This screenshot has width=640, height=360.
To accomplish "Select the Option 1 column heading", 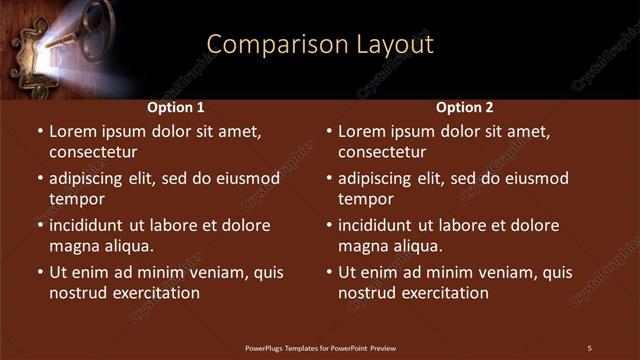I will (176, 107).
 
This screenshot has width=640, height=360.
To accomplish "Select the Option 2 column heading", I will (465, 107).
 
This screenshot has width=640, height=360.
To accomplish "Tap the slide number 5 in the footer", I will (589, 348).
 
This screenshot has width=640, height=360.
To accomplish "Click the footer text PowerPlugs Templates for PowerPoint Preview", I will (320, 348).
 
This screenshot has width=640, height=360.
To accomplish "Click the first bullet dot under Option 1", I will (40, 132).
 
